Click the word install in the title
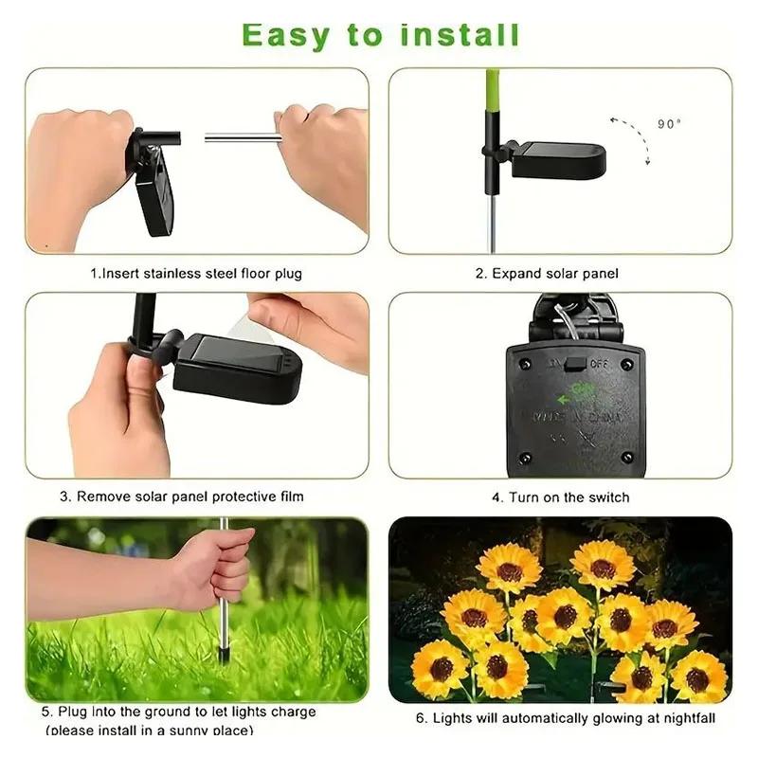point(459,35)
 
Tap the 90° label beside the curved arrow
point(669,123)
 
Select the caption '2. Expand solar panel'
point(547,274)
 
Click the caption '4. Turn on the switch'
point(560,496)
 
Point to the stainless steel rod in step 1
point(242,138)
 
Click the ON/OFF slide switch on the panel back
point(575,362)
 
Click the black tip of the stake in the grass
point(224,654)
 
